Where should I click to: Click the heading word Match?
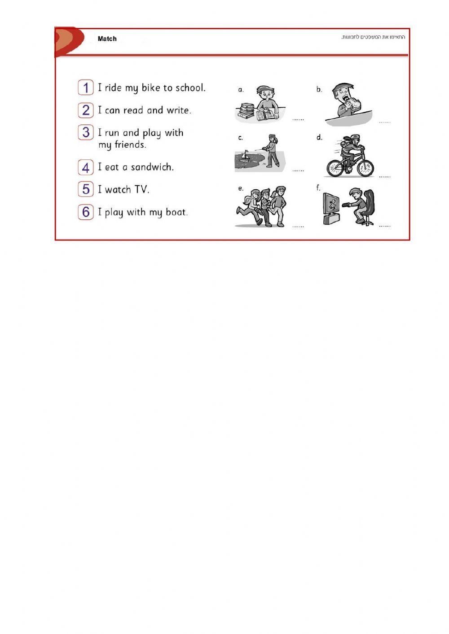click(x=107, y=39)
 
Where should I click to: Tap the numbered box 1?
click(x=86, y=87)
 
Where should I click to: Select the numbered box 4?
click(x=86, y=167)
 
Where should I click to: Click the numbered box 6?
click(x=86, y=212)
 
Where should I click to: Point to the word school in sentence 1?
click(x=190, y=88)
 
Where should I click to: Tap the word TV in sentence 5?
click(x=141, y=189)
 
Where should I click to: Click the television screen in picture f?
click(x=332, y=205)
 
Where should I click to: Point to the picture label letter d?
click(x=319, y=137)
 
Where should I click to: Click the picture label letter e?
click(x=241, y=188)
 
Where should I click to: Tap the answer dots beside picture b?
click(x=384, y=122)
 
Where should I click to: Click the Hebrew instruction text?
click(x=373, y=37)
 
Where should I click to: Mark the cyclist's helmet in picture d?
click(x=355, y=137)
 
